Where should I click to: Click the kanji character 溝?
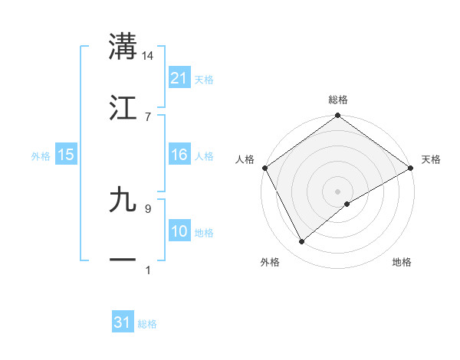click(123, 47)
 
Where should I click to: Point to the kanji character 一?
click(123, 260)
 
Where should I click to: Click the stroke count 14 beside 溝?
click(148, 56)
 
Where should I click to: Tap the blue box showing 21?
click(179, 78)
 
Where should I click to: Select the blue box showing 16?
click(179, 155)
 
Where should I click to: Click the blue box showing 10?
click(179, 231)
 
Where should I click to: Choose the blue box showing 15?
click(66, 155)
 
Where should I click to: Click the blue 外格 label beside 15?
click(41, 155)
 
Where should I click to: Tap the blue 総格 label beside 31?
click(147, 324)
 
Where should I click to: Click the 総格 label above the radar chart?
click(338, 100)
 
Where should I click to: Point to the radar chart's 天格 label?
click(431, 159)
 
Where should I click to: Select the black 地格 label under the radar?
click(402, 263)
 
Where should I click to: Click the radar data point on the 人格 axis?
click(264, 168)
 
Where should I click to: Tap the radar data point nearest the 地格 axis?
click(347, 204)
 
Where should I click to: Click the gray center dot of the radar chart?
click(337, 191)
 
